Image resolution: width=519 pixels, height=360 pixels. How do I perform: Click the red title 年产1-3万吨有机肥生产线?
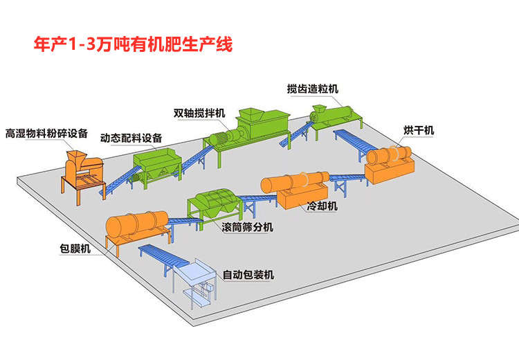coord(133,44)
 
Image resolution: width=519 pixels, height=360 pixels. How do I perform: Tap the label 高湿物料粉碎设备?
coord(46,133)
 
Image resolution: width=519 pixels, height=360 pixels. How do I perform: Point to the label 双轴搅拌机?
coord(199,112)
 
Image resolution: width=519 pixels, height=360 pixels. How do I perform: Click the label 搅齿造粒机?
coord(313,89)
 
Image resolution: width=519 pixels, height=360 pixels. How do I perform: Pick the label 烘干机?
coord(419,131)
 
